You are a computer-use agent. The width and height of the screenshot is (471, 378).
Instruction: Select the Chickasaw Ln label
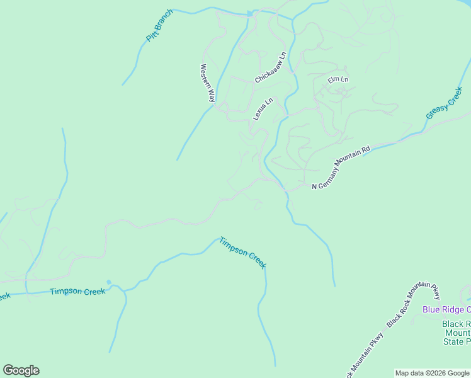coord(270,67)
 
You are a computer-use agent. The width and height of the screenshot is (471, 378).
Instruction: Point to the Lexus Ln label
coord(263,109)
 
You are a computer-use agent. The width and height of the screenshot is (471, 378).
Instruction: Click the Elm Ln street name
coord(338,80)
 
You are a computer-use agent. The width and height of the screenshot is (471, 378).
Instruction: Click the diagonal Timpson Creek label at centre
coord(243,253)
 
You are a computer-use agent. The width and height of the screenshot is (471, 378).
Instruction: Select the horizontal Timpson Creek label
coord(77,291)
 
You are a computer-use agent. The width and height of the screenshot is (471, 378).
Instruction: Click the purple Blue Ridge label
coord(446,309)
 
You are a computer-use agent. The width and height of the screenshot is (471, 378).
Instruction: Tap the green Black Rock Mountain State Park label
coord(457,333)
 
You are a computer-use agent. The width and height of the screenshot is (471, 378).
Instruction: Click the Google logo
coord(21,370)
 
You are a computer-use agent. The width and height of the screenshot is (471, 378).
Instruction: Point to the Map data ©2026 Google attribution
coord(432,373)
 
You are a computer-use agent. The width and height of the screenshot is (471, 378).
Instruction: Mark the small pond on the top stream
coord(250,13)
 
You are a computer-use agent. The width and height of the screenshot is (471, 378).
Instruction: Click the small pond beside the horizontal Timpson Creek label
coord(109,282)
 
